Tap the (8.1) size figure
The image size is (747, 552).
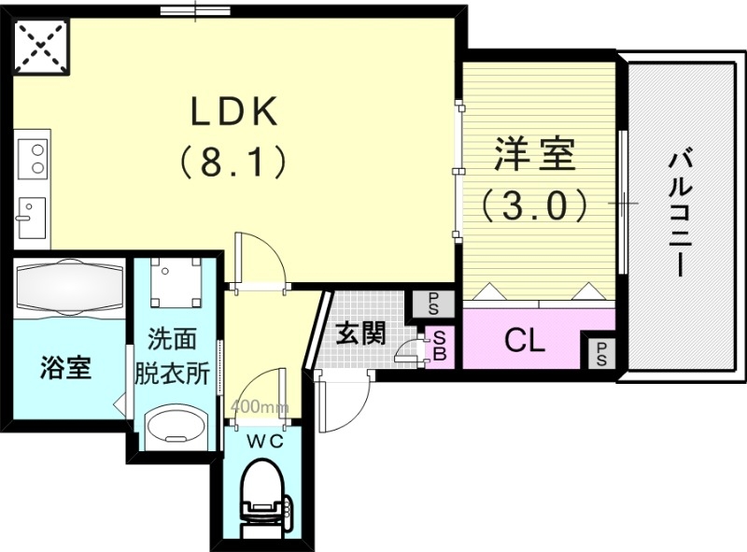[233, 164]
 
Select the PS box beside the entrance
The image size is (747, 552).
[434, 303]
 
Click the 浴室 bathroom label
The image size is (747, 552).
[65, 368]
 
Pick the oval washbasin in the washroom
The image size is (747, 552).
[176, 425]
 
